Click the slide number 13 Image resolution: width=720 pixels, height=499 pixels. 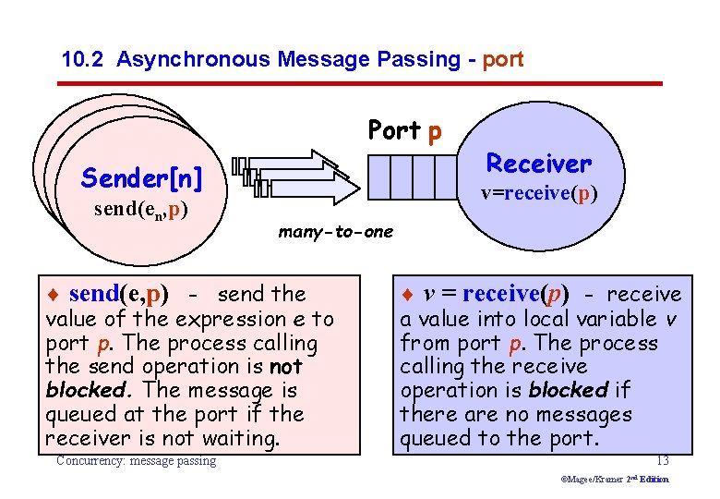[x=662, y=460]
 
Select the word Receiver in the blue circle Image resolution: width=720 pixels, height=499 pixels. [x=538, y=164]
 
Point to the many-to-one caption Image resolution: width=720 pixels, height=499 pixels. [x=335, y=232]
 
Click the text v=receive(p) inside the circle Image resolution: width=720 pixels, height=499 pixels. [x=539, y=195]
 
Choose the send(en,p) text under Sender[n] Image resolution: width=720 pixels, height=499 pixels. [x=141, y=210]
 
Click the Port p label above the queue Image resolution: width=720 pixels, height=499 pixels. [x=404, y=130]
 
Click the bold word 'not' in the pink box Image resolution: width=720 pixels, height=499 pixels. [x=290, y=367]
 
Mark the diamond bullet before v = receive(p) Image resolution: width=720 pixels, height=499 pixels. [x=408, y=296]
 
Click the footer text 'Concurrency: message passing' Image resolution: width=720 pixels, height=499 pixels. [x=136, y=460]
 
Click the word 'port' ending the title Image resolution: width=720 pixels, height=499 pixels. [x=502, y=60]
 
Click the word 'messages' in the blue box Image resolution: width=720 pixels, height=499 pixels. [x=586, y=415]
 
